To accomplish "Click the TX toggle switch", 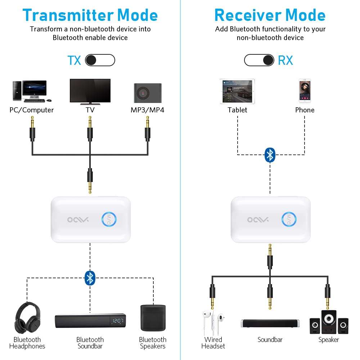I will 100,60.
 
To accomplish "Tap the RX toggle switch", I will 259,60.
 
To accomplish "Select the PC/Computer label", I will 32,110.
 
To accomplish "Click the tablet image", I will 237,91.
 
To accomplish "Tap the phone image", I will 305,91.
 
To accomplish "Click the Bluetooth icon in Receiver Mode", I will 270,155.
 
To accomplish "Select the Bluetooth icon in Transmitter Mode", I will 90,278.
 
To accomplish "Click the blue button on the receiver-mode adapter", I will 289,220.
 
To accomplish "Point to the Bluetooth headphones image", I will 27,318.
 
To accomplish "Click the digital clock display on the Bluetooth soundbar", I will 117,321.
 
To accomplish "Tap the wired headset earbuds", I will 213,320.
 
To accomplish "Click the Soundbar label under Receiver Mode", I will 270,339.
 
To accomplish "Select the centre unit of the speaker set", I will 329,321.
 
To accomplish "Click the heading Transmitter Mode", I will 90,15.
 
